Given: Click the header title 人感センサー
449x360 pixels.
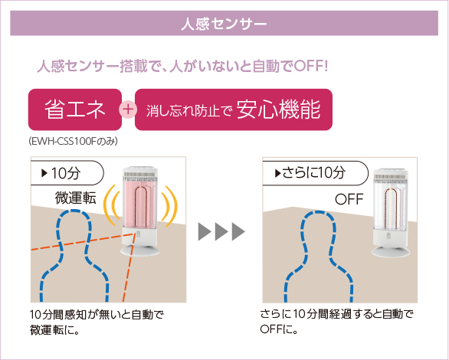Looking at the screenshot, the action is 224,24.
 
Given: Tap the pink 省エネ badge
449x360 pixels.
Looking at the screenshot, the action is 75,110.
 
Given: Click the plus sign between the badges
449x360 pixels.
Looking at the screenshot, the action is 128,110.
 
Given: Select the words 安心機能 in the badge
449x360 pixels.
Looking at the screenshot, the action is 278,110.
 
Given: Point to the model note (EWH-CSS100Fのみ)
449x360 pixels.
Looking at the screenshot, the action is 73,142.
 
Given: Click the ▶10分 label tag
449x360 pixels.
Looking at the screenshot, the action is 67,173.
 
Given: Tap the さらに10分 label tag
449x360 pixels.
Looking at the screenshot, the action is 315,173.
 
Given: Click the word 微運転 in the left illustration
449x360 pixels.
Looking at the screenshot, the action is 76,198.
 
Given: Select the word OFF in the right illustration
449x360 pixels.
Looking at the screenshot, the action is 349,199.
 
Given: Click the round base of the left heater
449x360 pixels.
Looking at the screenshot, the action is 139,250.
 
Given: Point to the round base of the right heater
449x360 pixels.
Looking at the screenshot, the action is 391,251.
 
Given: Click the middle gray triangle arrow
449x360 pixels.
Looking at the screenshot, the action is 221,231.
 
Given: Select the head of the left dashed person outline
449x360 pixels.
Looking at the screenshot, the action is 74,229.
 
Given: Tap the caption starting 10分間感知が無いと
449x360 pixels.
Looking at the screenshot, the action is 97,322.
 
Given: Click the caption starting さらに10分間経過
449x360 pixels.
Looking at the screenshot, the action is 337,322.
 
